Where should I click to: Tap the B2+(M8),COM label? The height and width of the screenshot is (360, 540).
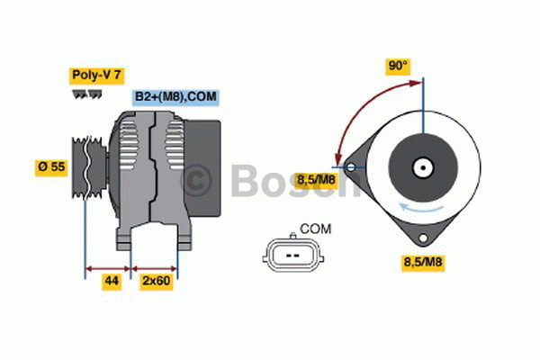[x=176, y=96]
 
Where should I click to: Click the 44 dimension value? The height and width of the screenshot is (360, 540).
[x=111, y=283]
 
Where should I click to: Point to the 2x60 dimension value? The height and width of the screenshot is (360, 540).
[x=155, y=283]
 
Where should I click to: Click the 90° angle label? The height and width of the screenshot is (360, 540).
[x=398, y=65]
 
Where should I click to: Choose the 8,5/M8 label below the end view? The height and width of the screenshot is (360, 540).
[x=421, y=263]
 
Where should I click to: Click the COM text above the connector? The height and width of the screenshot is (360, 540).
[x=315, y=229]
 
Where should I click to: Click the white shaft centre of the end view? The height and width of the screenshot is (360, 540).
[x=421, y=166]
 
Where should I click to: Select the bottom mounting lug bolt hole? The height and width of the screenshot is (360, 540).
[x=421, y=238]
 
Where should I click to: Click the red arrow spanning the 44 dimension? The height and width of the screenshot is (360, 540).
[x=109, y=267]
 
